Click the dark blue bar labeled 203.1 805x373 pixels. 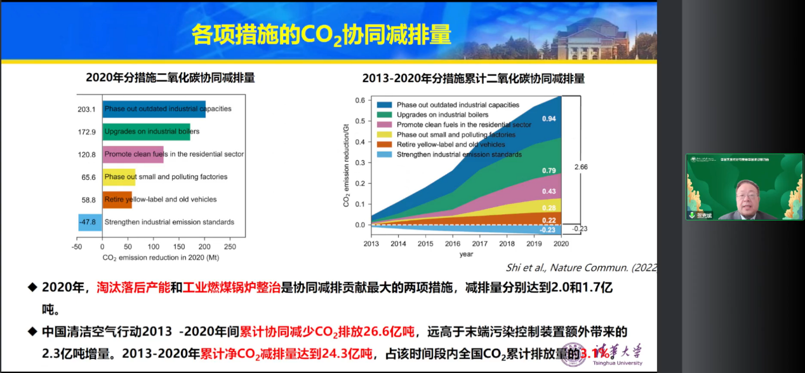154,109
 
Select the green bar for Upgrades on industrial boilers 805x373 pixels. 146,132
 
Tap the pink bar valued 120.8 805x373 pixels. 133,154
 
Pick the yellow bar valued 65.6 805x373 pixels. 119,177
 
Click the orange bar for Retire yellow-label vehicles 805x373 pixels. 117,200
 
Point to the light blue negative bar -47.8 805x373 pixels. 90,222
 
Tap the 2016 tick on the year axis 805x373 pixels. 453,243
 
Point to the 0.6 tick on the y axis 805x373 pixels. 359,100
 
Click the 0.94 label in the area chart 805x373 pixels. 549,119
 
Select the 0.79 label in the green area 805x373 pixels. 549,170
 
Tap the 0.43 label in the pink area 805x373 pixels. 549,192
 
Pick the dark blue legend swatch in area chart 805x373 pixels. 383,105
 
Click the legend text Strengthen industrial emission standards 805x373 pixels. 459,154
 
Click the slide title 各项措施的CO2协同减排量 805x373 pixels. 321,36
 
